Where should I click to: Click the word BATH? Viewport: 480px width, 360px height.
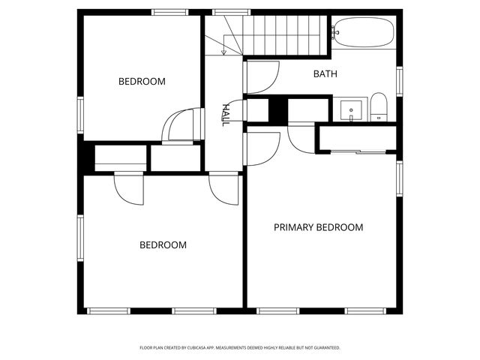tap(325, 74)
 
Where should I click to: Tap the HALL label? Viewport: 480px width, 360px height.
tap(224, 115)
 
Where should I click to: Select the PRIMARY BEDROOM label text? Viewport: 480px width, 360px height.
tap(318, 227)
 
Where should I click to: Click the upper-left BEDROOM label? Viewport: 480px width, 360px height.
tap(142, 81)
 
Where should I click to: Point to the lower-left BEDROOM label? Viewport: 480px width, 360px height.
tap(163, 244)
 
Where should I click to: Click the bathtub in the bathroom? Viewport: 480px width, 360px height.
tap(364, 33)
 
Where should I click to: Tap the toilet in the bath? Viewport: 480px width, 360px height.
tap(378, 107)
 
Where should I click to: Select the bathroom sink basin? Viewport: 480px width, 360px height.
tap(351, 109)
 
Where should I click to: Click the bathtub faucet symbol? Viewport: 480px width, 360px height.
tap(334, 31)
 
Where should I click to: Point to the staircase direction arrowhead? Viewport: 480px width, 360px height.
tap(224, 52)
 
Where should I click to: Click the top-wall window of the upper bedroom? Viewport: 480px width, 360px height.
tap(169, 12)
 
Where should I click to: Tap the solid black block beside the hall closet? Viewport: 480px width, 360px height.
tap(277, 110)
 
